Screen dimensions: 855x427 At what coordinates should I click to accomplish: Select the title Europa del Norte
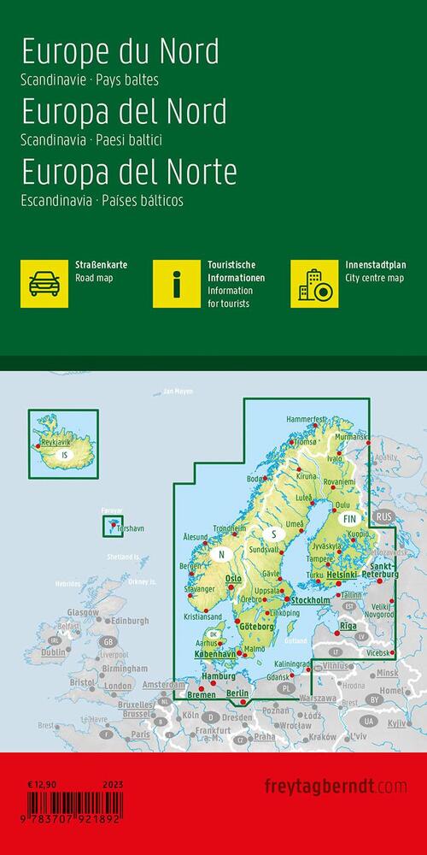pyautogui.click(x=129, y=172)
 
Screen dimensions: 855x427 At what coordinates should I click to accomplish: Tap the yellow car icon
pyautogui.click(x=44, y=284)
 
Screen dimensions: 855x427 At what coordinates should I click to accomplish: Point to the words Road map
pyautogui.click(x=94, y=279)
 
